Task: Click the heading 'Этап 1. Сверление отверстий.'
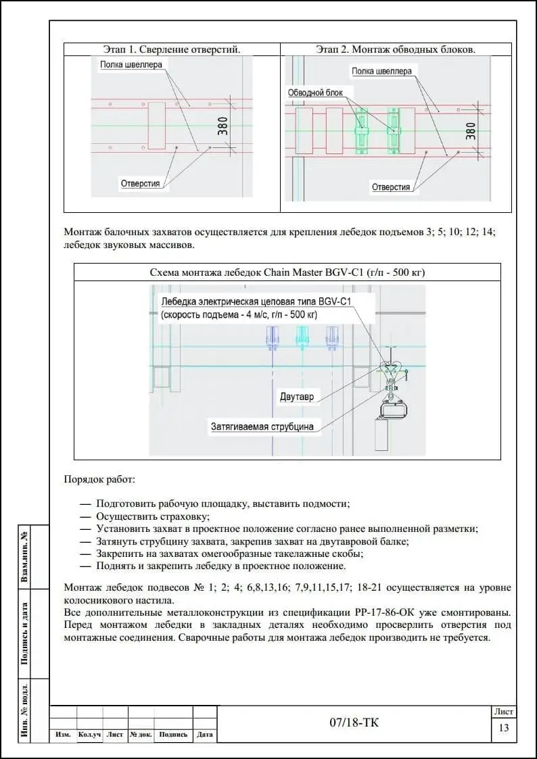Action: pos(172,49)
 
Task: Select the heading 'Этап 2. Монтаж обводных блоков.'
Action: pos(396,49)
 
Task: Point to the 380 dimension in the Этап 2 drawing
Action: pos(471,130)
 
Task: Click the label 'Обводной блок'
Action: pos(315,93)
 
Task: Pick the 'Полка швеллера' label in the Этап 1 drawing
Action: pos(131,64)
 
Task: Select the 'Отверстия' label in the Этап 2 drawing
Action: pos(391,187)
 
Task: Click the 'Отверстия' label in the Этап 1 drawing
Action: pos(140,183)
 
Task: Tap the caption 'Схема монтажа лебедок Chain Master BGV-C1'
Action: pos(287,272)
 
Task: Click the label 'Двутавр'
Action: pos(297,397)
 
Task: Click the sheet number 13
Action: pos(504,728)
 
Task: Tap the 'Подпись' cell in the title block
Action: pos(173,735)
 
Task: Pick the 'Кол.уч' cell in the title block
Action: pos(90,735)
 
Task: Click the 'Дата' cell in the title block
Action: pos(204,735)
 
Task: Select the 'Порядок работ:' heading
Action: pos(99,480)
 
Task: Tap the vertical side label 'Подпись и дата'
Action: pos(25,633)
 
